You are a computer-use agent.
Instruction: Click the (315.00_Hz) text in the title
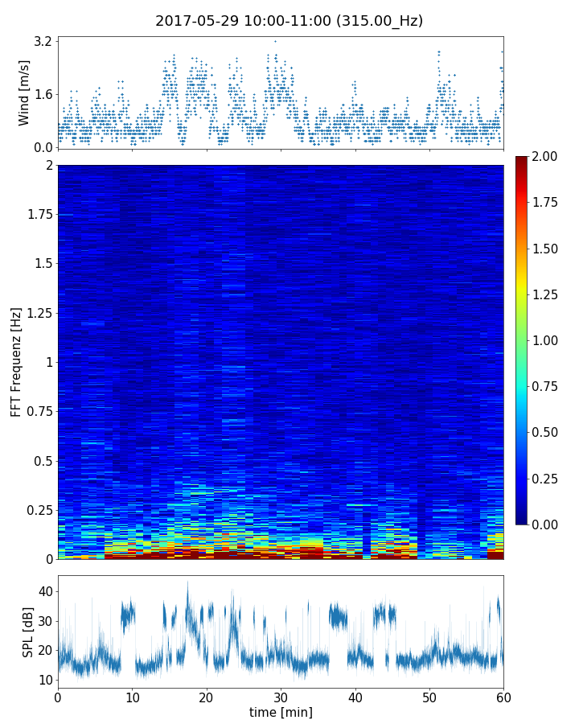point(380,21)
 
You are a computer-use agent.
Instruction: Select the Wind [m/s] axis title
point(24,93)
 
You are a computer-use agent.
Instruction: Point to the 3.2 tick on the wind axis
point(43,41)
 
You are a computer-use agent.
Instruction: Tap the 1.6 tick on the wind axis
point(43,94)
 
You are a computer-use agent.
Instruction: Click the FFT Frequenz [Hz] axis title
point(16,361)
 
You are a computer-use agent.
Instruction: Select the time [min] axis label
point(281,712)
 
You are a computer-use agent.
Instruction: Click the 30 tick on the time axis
point(281,697)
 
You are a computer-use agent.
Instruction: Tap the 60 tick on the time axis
point(503,697)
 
